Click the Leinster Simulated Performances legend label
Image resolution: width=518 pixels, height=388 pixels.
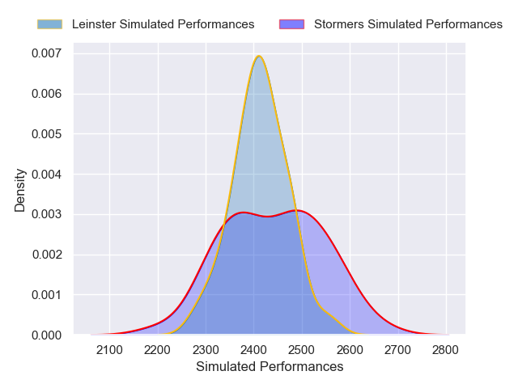[163, 24]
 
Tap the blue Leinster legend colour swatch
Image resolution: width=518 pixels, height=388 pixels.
[49, 24]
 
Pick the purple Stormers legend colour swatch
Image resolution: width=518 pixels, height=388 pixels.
[291, 24]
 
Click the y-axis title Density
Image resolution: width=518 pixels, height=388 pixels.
[20, 190]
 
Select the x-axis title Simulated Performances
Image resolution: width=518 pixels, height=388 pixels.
[270, 367]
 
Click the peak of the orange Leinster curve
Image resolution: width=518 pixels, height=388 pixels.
[258, 56]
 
